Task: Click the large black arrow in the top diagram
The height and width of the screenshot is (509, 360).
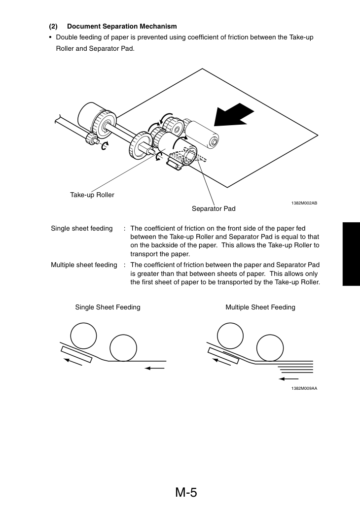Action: click(233, 115)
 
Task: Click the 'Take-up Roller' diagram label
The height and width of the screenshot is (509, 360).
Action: click(92, 195)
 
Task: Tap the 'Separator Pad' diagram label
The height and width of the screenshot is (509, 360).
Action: click(214, 208)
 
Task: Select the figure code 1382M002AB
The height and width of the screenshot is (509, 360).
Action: click(304, 203)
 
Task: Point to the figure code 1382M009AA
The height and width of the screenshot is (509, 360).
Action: click(304, 388)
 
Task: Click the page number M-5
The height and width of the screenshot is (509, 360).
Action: click(186, 492)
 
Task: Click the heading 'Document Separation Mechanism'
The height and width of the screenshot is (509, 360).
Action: click(122, 26)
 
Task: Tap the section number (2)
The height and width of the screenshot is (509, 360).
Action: click(53, 26)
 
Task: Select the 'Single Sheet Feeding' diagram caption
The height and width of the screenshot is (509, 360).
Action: click(108, 307)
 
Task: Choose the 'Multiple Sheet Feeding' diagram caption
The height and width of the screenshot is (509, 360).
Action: click(260, 307)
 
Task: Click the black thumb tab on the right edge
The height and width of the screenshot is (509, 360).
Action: click(351, 254)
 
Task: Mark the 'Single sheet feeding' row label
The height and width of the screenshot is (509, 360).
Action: click(81, 229)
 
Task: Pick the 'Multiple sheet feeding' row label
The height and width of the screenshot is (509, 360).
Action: click(84, 265)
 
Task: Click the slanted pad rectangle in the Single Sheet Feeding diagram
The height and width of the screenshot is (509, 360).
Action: click(76, 354)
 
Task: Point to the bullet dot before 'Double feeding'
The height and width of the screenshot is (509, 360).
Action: click(50, 37)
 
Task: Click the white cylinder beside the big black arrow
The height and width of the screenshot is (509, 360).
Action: click(201, 135)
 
